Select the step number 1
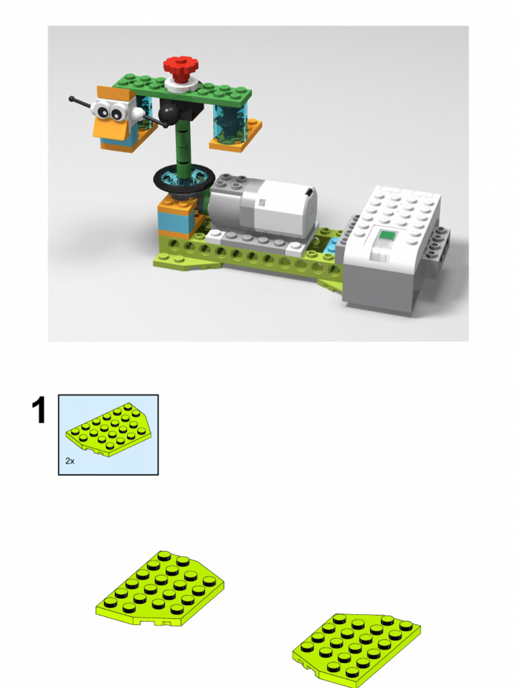click(40, 411)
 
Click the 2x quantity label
click(70, 461)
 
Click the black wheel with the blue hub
click(179, 178)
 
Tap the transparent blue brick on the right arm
click(230, 121)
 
